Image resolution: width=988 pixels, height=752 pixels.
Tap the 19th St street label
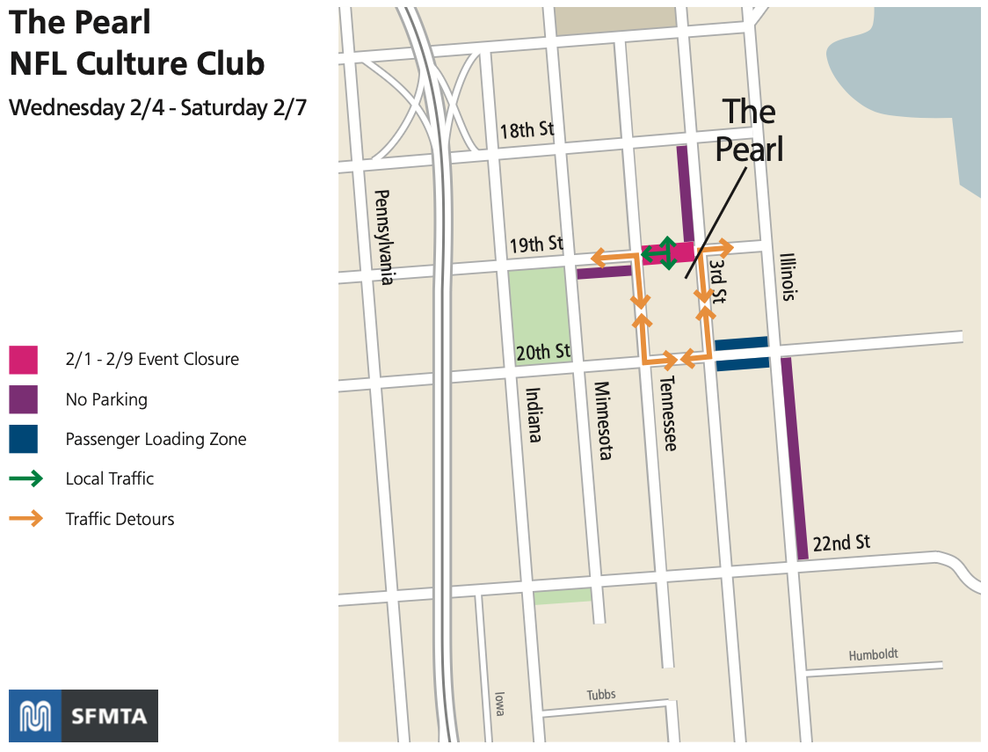[536, 244]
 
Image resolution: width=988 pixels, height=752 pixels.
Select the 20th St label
[543, 353]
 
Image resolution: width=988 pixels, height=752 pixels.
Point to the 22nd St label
[841, 543]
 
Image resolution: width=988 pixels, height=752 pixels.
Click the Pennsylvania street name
[382, 237]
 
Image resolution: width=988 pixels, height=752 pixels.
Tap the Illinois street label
[788, 277]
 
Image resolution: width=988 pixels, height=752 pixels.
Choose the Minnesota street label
[603, 420]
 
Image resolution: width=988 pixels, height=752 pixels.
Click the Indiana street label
[534, 414]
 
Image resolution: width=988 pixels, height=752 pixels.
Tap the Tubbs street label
[601, 695]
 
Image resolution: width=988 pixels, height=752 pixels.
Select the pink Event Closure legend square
[24, 359]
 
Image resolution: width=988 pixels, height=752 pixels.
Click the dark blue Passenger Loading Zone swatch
[24, 439]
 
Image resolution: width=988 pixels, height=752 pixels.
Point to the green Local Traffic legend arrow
[25, 478]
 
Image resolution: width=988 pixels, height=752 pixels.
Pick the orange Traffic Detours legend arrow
[25, 519]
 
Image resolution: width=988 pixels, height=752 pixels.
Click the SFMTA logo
[84, 716]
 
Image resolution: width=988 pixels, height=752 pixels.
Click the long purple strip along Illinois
[794, 457]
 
